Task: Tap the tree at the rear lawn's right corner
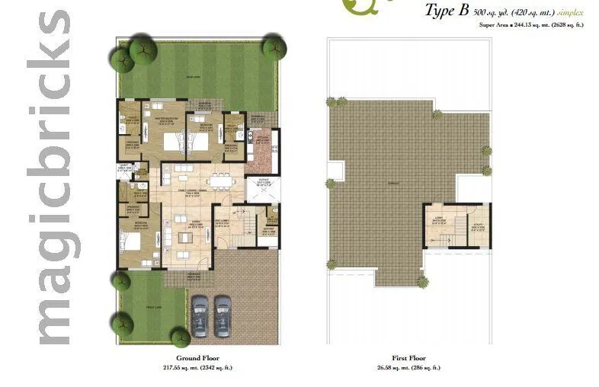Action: tap(274, 47)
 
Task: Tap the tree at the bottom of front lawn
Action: tap(180, 337)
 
